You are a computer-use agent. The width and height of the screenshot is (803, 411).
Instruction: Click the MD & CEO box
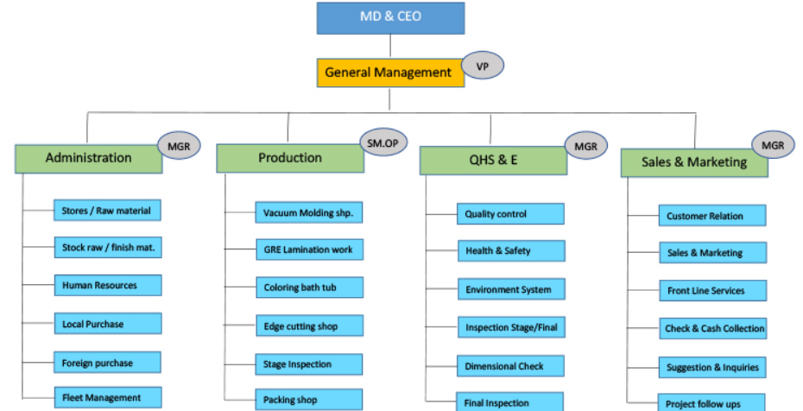point(390,17)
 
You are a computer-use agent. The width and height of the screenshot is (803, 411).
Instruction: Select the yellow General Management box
point(389,73)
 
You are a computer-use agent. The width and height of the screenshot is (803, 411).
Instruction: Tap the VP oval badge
point(483,65)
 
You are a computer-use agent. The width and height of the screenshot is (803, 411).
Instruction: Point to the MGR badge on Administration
point(179,145)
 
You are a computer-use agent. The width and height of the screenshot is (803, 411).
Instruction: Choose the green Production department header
point(290,158)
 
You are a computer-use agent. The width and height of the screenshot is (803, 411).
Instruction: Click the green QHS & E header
point(493,161)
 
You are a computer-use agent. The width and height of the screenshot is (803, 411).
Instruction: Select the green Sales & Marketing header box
point(694,162)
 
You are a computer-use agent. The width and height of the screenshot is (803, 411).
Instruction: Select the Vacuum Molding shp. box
point(309,213)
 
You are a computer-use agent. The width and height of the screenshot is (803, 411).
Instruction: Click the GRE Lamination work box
point(309,250)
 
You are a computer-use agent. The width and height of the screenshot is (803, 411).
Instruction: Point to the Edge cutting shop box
point(309,326)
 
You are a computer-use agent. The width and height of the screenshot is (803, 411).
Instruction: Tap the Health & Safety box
point(510,251)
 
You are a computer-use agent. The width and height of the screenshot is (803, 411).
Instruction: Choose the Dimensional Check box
point(510,366)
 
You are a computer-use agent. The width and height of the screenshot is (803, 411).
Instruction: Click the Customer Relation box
point(712,216)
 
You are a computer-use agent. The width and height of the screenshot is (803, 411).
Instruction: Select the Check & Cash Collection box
point(712,328)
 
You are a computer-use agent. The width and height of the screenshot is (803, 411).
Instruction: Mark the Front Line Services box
point(712,291)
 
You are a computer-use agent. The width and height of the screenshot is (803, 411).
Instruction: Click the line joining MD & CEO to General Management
point(390,46)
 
